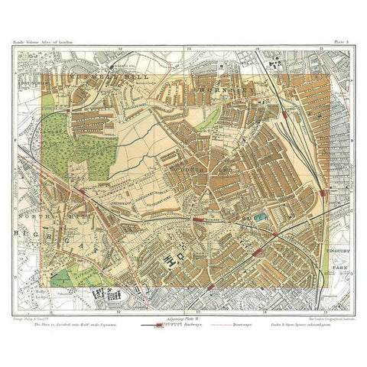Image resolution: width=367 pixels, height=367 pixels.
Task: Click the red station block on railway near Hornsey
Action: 284,113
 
